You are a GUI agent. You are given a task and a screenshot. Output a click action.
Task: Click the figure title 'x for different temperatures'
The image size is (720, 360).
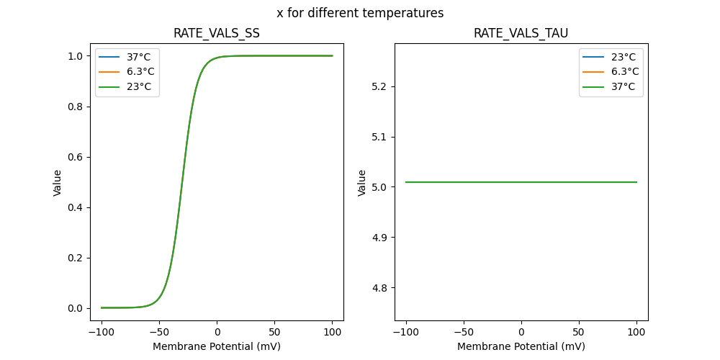(360, 13)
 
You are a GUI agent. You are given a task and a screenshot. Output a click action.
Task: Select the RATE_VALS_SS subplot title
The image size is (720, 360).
(217, 34)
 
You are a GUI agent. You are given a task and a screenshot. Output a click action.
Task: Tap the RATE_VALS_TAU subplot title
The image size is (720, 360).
(521, 34)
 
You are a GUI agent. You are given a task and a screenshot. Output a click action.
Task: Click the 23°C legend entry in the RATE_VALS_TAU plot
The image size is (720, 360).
(623, 57)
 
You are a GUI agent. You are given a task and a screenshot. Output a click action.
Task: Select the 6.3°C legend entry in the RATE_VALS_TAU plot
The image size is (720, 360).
(624, 72)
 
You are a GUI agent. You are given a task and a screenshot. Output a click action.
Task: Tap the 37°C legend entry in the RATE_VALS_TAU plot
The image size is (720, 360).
(623, 87)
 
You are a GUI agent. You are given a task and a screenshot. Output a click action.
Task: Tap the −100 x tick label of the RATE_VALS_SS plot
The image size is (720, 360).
(102, 333)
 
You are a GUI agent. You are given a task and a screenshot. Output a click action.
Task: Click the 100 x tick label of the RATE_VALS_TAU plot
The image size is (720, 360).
(636, 333)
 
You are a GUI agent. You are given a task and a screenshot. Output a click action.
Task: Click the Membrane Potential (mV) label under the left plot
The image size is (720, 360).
(217, 346)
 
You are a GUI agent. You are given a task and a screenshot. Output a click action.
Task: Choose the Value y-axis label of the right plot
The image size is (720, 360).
(362, 182)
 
